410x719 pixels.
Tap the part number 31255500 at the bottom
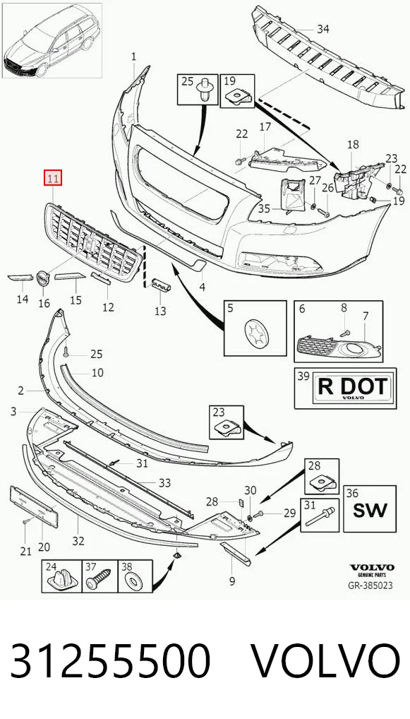click(x=110, y=661)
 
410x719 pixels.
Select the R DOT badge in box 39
click(x=351, y=388)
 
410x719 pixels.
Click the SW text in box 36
click(x=370, y=510)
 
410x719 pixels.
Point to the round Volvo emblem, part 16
click(x=42, y=278)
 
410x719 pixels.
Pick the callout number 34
click(x=323, y=30)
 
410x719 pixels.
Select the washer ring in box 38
click(x=135, y=581)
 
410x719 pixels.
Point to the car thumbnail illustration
click(x=52, y=40)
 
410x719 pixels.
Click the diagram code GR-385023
click(x=370, y=586)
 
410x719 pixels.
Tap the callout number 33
click(x=164, y=483)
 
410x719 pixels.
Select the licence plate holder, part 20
click(x=35, y=508)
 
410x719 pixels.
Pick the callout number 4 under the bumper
click(x=203, y=287)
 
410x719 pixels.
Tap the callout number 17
click(x=266, y=126)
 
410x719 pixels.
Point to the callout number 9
click(x=232, y=581)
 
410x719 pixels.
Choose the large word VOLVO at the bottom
click(x=326, y=661)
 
